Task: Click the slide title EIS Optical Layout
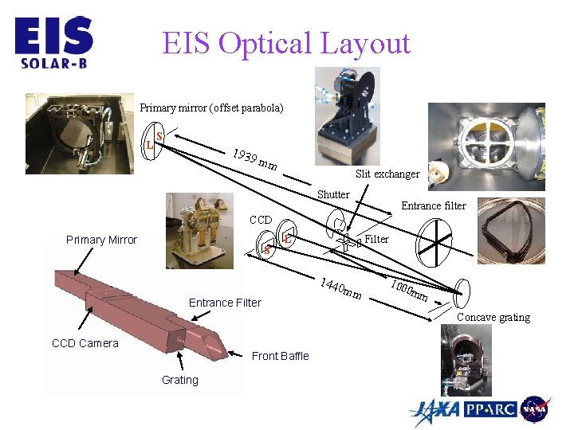pos(286,43)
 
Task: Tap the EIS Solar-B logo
pos(53,43)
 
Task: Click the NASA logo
pos(534,409)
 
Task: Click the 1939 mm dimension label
pos(254,159)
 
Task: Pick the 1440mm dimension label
pos(341,290)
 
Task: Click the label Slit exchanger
pos(387,174)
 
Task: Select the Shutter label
pos(333,194)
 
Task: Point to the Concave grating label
pos(493,317)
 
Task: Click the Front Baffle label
pos(280,356)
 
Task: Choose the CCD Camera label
pos(85,343)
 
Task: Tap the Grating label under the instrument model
pos(179,380)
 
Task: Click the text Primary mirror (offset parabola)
pos(211,107)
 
